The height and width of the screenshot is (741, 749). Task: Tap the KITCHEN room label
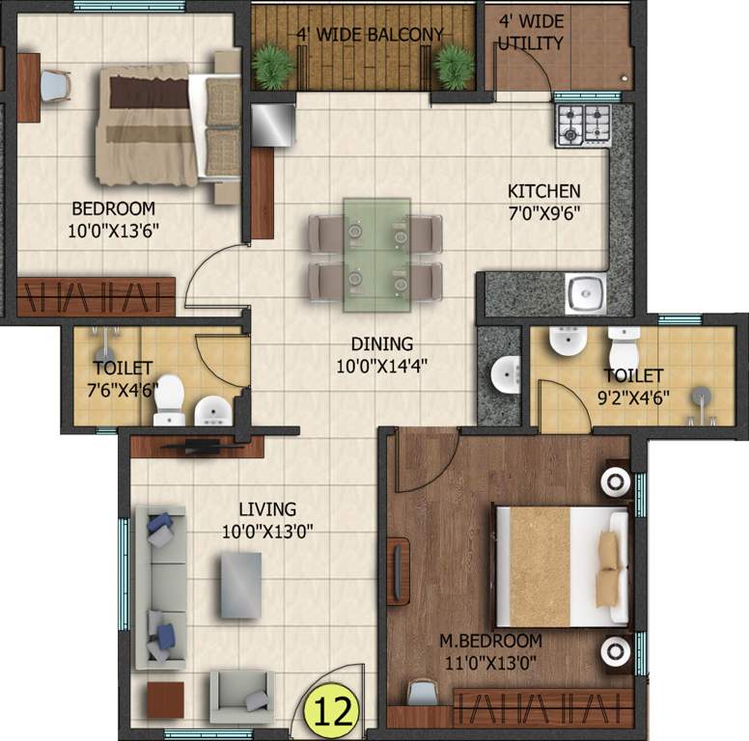point(544,191)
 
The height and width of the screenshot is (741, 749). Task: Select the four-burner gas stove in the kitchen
point(583,123)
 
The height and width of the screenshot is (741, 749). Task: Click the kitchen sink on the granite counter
point(585,293)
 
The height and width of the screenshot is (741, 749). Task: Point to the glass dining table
point(376,255)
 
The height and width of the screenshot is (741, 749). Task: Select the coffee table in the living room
point(240,585)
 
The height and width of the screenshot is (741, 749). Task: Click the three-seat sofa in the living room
point(159,589)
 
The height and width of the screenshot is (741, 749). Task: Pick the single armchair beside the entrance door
point(240,692)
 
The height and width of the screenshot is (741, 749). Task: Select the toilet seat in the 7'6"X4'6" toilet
point(170,398)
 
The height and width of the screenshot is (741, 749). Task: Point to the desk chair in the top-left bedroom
point(55,85)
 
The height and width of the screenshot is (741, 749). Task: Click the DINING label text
point(381,343)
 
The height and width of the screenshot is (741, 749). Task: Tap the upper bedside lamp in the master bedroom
point(615,482)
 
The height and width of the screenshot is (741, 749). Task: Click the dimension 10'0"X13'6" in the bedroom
point(114,230)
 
